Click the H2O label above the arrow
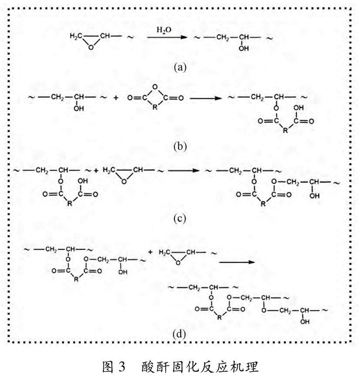click(164, 30)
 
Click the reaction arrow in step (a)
click(167, 37)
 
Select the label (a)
click(180, 67)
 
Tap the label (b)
click(180, 146)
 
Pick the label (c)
click(180, 218)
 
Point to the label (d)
click(179, 334)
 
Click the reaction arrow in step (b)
click(205, 98)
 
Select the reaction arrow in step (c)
click(184, 171)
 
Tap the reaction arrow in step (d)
click(237, 262)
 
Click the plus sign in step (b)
click(116, 97)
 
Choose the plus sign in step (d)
click(150, 252)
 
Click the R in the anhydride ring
click(155, 107)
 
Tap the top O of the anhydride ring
click(155, 87)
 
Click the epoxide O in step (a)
click(91, 47)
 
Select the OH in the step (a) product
click(244, 48)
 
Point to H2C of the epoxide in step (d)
click(165, 252)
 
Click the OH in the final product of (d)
click(305, 321)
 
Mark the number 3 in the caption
click(121, 367)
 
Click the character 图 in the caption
click(108, 367)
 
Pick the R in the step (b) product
click(285, 130)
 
